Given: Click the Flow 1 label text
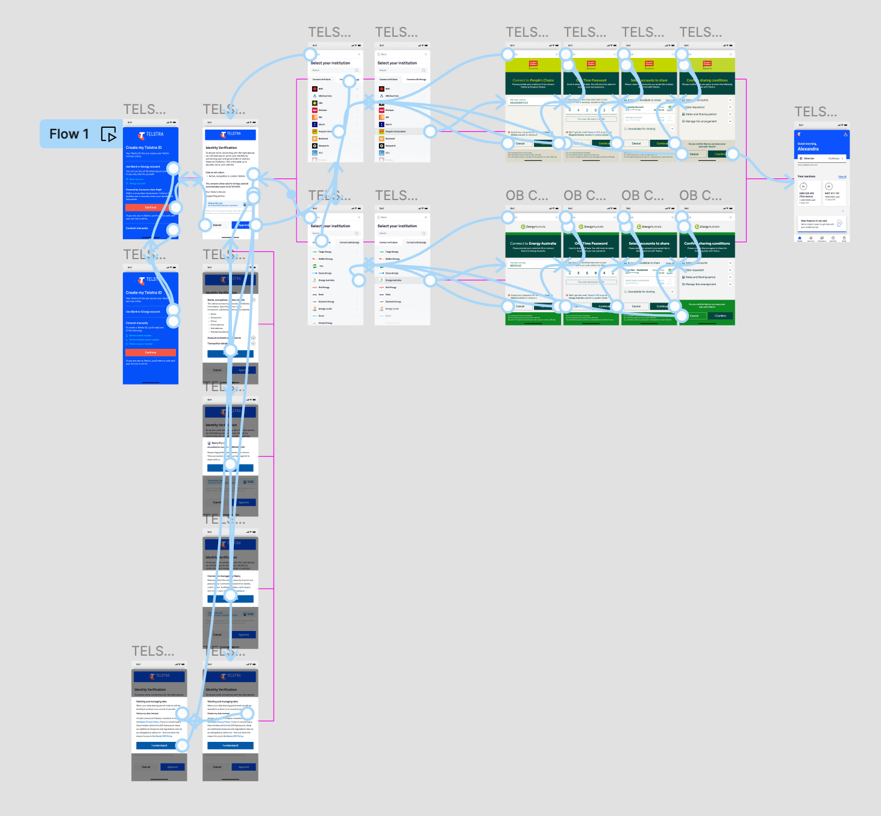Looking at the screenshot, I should (69, 134).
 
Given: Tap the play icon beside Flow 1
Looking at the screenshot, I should (108, 134).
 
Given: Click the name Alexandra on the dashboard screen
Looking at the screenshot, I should (808, 149).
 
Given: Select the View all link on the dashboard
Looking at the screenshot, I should (842, 177).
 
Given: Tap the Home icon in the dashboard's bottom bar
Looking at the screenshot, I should (800, 238).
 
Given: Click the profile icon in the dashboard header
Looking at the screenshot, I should (845, 134).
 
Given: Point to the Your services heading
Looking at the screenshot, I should (806, 177).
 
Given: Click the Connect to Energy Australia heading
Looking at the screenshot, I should (533, 243).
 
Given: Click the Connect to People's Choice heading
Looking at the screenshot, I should (533, 80).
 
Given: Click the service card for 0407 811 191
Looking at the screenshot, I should (834, 194).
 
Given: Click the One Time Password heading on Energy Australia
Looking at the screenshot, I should (591, 243).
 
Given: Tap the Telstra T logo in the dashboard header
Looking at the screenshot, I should (800, 134).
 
